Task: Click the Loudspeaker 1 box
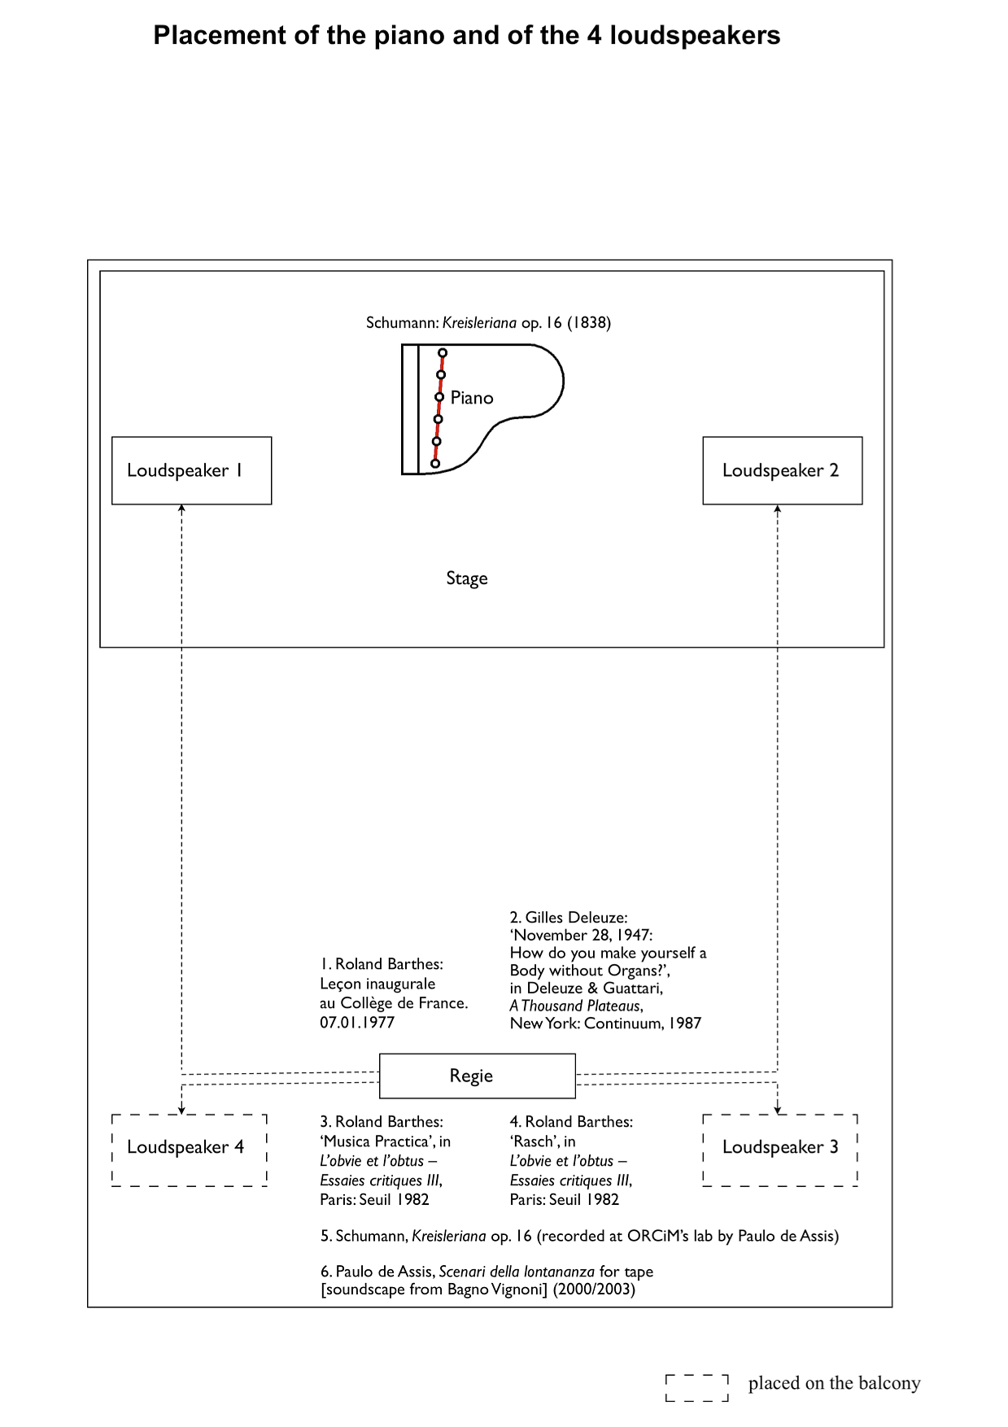tap(191, 470)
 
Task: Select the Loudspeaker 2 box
tap(782, 470)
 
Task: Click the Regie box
tap(477, 1076)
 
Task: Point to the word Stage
tap(467, 578)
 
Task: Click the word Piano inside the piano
tap(472, 398)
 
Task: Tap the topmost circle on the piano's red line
tap(443, 353)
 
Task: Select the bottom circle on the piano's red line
tap(435, 464)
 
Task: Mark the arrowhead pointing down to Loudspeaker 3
tap(778, 1109)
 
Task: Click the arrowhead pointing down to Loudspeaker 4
tap(181, 1109)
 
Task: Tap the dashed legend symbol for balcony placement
tap(696, 1388)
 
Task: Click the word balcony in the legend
tap(892, 1383)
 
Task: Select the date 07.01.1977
tap(357, 1023)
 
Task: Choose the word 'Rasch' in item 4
tap(533, 1141)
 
